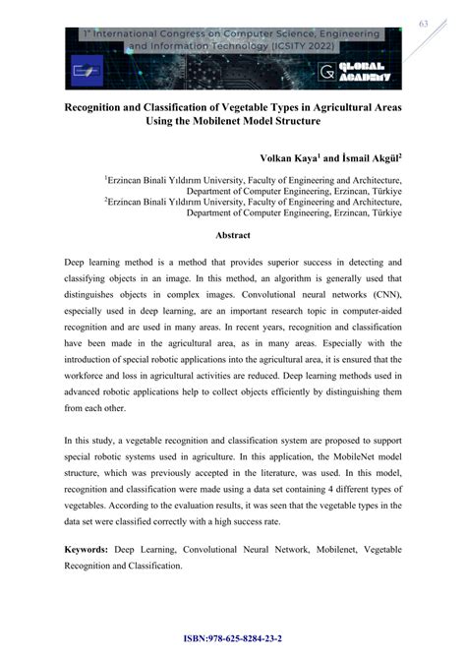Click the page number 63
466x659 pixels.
tap(424, 24)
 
